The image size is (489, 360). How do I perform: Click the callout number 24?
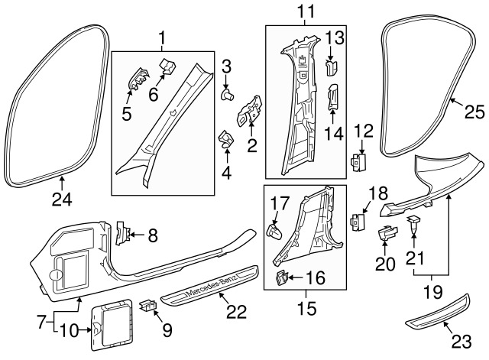pyautogui.click(x=62, y=199)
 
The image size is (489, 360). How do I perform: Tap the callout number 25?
pyautogui.click(x=474, y=112)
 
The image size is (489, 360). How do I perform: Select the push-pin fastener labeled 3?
pyautogui.click(x=228, y=94)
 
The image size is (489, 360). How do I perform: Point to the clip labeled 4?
pyautogui.click(x=225, y=139)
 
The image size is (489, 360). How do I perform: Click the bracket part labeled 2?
pyautogui.click(x=250, y=110)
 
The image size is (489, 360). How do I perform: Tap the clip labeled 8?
pyautogui.click(x=122, y=232)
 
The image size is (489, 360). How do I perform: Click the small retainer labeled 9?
pyautogui.click(x=148, y=305)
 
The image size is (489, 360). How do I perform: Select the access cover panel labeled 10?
pyautogui.click(x=111, y=324)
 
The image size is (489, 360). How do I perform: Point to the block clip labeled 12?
pyautogui.click(x=358, y=161)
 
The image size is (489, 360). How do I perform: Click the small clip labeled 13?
pyautogui.click(x=331, y=68)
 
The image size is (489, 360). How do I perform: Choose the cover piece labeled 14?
pyautogui.click(x=332, y=97)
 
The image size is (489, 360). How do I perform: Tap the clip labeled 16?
pyautogui.click(x=282, y=277)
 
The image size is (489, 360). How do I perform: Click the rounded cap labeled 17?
pyautogui.click(x=274, y=231)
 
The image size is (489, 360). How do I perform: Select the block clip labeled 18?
pyautogui.click(x=358, y=222)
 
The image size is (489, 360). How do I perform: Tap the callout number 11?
pyautogui.click(x=306, y=12)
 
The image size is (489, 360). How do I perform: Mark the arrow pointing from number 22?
pyautogui.click(x=225, y=300)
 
